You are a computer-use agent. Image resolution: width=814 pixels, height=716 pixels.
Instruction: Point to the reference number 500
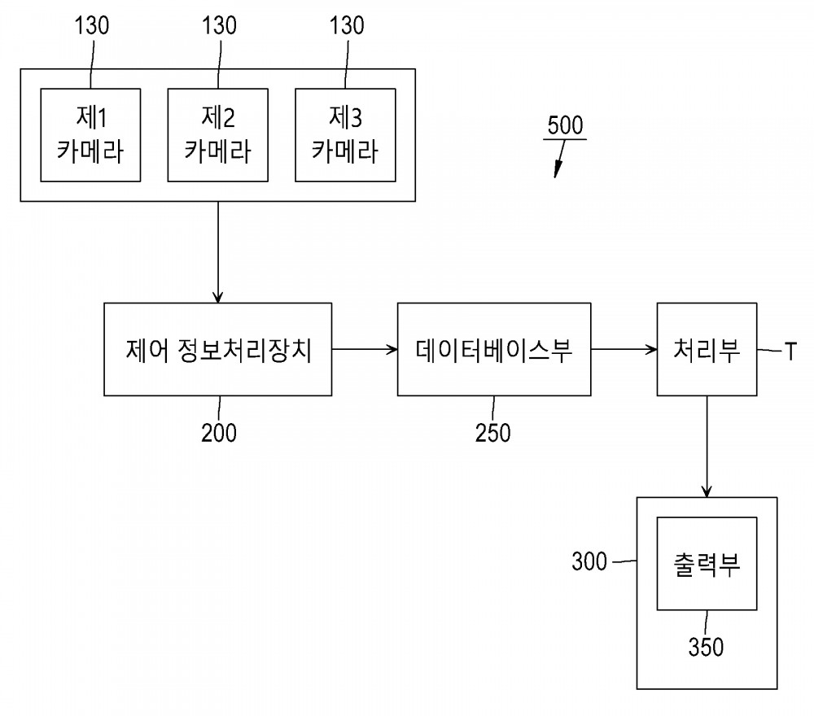click(565, 125)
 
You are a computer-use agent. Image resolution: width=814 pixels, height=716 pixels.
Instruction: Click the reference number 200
click(218, 433)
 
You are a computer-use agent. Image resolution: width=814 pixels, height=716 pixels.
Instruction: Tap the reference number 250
click(492, 433)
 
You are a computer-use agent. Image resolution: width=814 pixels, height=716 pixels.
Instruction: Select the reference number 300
click(589, 561)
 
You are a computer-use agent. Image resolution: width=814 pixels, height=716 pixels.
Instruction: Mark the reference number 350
click(706, 647)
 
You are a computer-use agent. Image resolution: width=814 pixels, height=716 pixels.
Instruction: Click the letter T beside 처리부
click(790, 351)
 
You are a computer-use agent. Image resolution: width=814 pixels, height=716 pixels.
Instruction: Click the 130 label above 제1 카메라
click(92, 25)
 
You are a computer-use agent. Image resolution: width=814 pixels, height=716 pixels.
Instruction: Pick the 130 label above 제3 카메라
click(347, 25)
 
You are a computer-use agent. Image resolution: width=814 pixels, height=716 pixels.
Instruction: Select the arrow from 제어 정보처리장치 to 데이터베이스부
click(365, 349)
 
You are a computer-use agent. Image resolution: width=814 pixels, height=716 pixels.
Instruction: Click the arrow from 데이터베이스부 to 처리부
click(624, 349)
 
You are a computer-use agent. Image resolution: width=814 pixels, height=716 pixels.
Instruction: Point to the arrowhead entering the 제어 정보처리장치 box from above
click(218, 297)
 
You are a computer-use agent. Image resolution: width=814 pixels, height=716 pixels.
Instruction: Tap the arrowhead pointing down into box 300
click(707, 491)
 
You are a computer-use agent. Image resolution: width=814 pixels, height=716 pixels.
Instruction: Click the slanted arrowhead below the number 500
click(558, 170)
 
